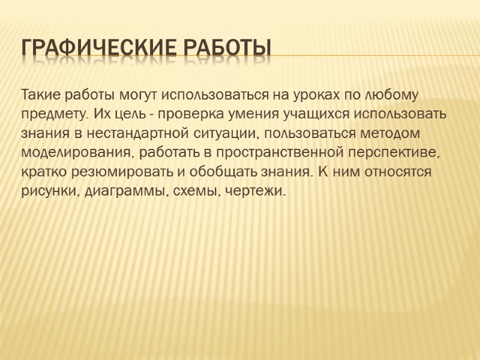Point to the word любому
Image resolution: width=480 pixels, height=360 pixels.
coord(393,95)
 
